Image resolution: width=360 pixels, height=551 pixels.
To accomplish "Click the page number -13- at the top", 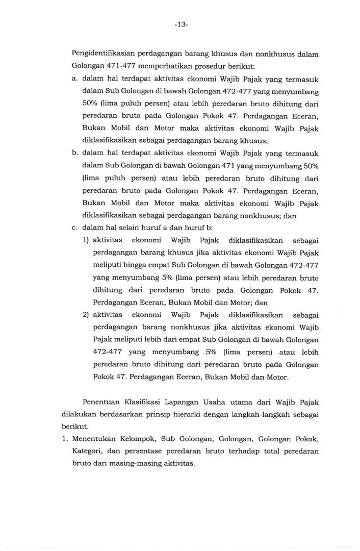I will click(x=181, y=24).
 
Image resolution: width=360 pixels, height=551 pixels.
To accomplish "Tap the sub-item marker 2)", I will click(x=86, y=315).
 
